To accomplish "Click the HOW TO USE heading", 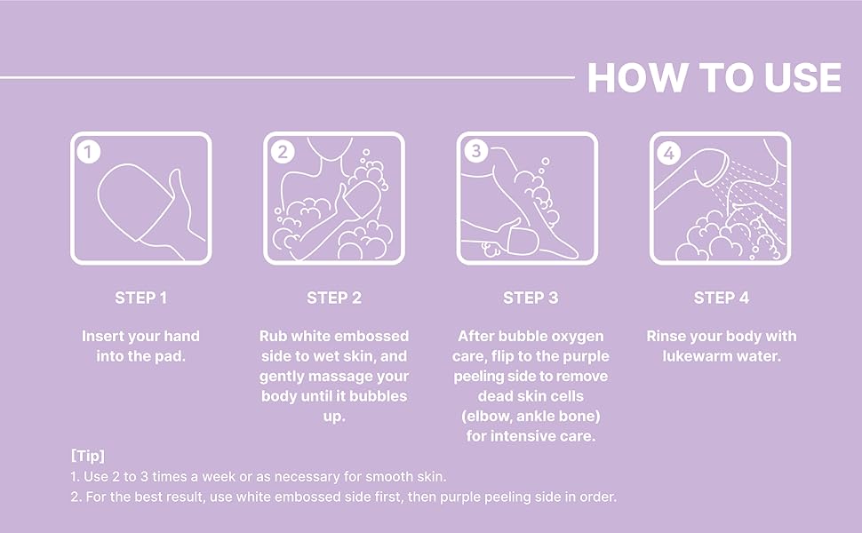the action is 714,77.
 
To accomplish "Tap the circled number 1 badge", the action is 89,152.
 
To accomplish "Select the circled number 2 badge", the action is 283,152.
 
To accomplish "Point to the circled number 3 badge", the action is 476,150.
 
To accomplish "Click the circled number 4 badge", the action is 669,153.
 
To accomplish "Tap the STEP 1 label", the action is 140,298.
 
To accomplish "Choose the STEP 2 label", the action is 334,298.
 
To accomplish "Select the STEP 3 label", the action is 531,298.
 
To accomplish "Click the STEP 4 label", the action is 722,298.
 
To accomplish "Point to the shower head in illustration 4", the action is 692,176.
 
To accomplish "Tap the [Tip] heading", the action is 87,456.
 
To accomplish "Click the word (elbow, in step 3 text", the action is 486,416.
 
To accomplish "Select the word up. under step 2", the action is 334,417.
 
